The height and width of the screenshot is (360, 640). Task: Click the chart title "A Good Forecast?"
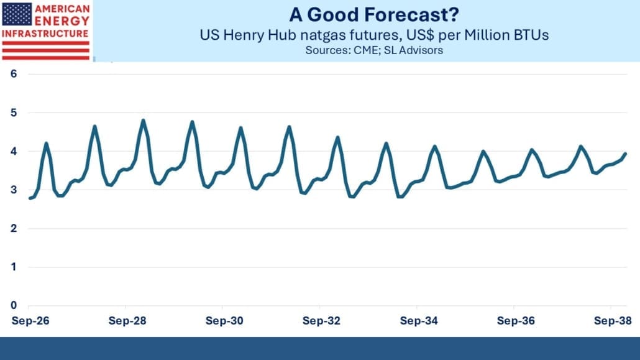374,15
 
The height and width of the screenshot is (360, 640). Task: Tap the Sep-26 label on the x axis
30,321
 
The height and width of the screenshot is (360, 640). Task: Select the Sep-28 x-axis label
127,321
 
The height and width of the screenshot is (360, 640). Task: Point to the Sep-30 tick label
224,321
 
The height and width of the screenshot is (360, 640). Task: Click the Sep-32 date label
322,321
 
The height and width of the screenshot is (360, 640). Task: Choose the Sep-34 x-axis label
419,321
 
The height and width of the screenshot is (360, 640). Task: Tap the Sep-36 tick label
516,321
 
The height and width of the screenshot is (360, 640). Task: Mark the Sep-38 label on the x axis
613,321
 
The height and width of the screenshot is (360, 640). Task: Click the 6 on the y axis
14,73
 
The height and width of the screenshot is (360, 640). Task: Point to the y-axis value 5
14,113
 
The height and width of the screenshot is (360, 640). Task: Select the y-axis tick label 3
14,190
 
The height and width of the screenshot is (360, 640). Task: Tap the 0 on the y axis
14,305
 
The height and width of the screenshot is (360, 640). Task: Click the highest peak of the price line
143,120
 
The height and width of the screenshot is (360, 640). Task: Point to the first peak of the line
46,143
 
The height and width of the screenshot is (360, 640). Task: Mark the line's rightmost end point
626,154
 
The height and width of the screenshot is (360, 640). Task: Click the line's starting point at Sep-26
30,198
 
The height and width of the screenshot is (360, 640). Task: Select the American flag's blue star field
17,14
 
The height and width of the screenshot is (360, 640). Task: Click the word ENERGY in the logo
62,21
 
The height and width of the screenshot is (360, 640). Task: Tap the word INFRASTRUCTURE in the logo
45,34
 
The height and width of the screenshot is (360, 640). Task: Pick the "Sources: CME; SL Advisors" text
374,50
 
